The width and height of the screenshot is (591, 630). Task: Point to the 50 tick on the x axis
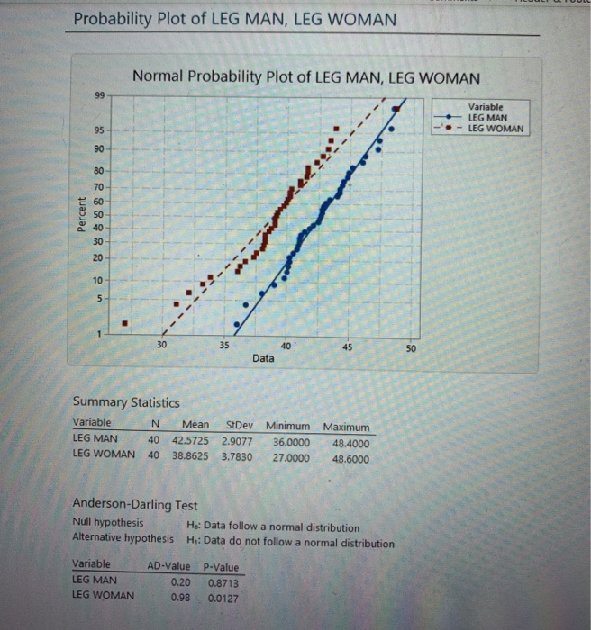click(x=409, y=346)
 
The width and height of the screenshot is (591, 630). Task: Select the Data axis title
click(x=264, y=358)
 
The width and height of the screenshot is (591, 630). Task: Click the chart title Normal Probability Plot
click(x=306, y=77)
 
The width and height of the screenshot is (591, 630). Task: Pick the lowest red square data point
click(x=125, y=323)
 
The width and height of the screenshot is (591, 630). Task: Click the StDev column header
click(x=237, y=426)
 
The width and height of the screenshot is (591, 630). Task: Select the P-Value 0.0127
click(x=223, y=597)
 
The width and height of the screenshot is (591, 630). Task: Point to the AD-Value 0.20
click(x=179, y=583)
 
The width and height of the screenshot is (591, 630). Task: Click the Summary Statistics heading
click(x=125, y=402)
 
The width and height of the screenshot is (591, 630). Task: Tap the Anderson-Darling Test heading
click(x=134, y=506)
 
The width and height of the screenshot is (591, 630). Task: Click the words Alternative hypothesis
click(x=123, y=539)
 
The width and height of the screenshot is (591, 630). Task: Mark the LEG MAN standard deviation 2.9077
click(x=238, y=441)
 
